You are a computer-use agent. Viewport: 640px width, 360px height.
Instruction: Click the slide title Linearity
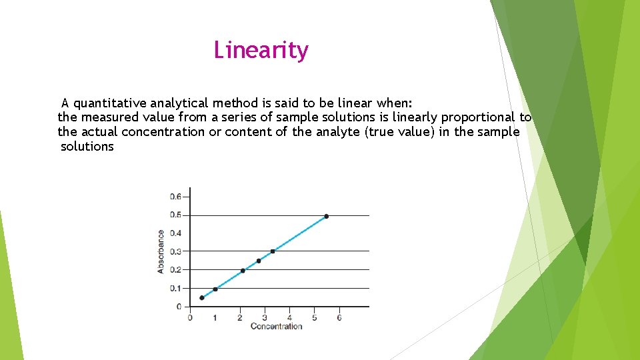[261, 50]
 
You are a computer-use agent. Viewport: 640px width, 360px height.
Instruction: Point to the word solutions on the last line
[87, 147]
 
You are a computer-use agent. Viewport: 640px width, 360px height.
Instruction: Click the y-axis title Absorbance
[161, 251]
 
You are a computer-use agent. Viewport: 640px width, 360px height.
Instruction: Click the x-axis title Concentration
[276, 326]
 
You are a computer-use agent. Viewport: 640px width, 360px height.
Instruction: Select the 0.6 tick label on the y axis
[175, 197]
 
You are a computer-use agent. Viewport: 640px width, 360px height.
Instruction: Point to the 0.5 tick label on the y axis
[175, 215]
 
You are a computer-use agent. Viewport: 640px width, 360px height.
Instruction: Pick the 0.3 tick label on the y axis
[175, 251]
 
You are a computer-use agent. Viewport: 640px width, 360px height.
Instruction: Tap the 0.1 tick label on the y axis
[175, 288]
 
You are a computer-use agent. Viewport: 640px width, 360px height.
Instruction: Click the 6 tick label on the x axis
[339, 317]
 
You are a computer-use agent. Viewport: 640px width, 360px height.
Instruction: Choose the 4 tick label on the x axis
[289, 317]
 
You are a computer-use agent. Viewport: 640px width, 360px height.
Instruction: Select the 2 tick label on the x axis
[240, 317]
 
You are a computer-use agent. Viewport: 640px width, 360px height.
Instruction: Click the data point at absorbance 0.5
[326, 216]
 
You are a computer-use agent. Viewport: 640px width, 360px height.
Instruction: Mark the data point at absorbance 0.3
[273, 251]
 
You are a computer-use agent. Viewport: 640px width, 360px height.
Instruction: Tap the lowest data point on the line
[202, 298]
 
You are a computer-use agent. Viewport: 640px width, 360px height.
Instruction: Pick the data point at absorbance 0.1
[215, 289]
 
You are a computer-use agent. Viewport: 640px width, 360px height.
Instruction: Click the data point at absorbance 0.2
[243, 271]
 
